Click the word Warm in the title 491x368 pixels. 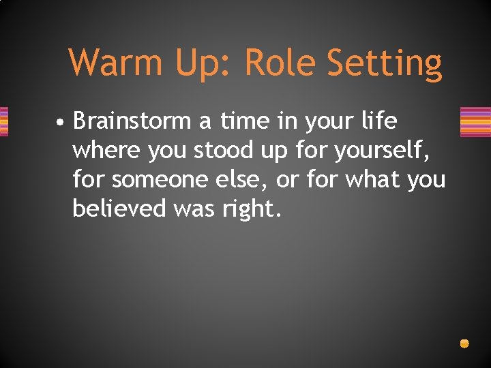point(116,63)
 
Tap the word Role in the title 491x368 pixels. point(280,63)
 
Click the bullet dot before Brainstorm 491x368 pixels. point(61,123)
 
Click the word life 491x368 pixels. point(379,121)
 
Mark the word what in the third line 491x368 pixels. point(372,180)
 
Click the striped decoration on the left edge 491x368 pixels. point(3,122)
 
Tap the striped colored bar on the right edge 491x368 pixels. point(475,122)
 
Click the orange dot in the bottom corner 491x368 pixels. point(464,343)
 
